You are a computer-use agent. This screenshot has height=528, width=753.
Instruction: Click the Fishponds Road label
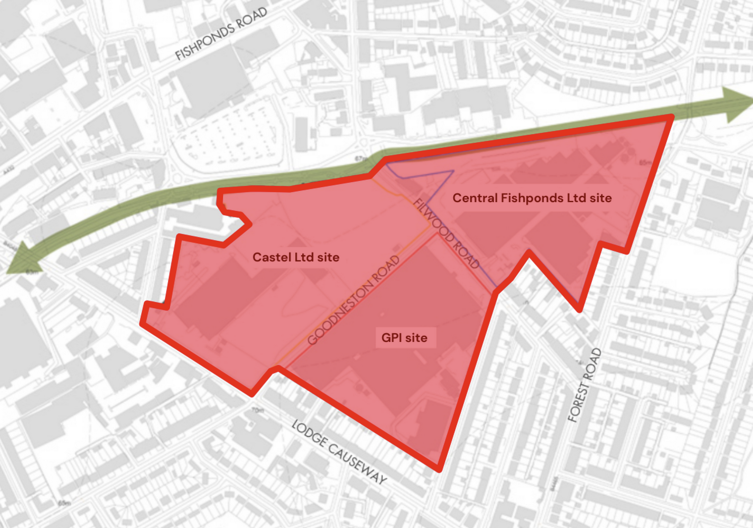221,34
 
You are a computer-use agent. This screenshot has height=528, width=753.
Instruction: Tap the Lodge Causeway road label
339,451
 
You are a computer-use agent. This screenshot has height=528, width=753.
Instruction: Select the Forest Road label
584,385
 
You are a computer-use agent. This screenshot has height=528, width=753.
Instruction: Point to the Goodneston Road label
353,300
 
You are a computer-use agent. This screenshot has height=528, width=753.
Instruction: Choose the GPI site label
404,338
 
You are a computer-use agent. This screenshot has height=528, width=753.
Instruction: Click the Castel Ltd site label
296,257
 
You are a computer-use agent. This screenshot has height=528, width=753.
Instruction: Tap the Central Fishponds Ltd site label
532,198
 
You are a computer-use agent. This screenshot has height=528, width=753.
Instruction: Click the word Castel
272,257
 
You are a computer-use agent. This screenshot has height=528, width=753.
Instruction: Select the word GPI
391,338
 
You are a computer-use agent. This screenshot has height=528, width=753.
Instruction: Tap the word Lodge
309,433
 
